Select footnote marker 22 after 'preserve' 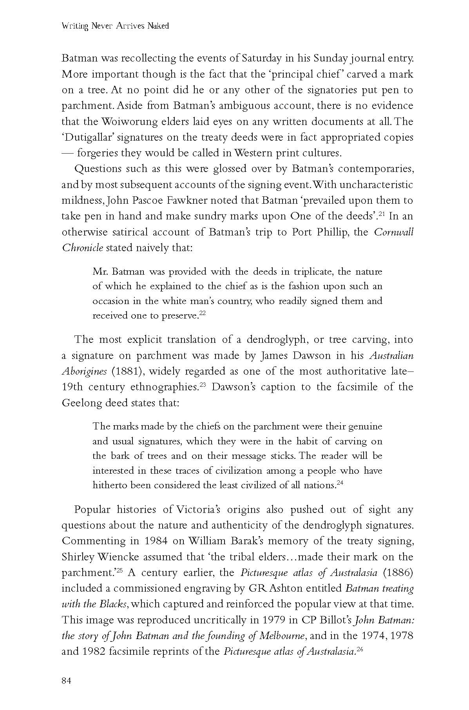[202, 313]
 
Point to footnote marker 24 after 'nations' [340, 482]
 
